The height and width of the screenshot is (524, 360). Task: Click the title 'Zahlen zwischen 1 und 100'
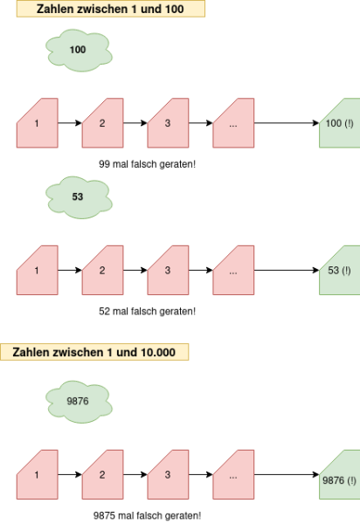pyautogui.click(x=110, y=9)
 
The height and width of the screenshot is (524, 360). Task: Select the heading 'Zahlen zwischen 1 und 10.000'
pyautogui.click(x=93, y=352)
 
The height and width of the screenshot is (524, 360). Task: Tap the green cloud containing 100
pyautogui.click(x=79, y=50)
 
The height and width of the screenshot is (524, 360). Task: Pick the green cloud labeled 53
pyautogui.click(x=79, y=197)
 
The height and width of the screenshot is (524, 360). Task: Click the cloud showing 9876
pyautogui.click(x=79, y=402)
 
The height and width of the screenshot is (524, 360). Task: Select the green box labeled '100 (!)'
pyautogui.click(x=340, y=123)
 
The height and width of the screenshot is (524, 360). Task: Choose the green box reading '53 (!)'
pyautogui.click(x=340, y=270)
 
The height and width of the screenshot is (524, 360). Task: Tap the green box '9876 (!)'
pyautogui.click(x=340, y=474)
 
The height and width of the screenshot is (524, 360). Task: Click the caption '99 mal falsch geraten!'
pyautogui.click(x=147, y=164)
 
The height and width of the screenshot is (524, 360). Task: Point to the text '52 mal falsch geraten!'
pyautogui.click(x=147, y=311)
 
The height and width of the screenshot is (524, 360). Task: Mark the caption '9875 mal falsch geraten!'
pyautogui.click(x=147, y=515)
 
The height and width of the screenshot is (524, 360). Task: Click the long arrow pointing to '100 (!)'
pyautogui.click(x=287, y=123)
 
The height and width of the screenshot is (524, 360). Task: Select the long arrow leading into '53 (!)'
pyautogui.click(x=287, y=270)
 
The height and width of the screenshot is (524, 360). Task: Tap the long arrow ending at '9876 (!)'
pyautogui.click(x=287, y=474)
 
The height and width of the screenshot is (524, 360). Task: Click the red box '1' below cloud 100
pyautogui.click(x=37, y=123)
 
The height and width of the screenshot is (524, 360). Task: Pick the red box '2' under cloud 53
pyautogui.click(x=102, y=270)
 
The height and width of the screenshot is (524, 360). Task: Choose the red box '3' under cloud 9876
pyautogui.click(x=168, y=474)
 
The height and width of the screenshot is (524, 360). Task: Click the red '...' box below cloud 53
pyautogui.click(x=233, y=270)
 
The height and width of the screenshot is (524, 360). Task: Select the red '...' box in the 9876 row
pyautogui.click(x=233, y=474)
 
